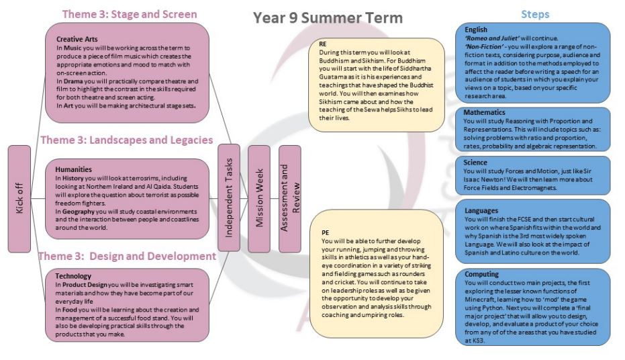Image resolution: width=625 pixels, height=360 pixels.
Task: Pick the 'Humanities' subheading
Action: pos(73,170)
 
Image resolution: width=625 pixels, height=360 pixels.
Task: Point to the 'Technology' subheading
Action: pos(74,276)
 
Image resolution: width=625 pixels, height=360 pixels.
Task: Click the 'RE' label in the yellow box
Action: pos(324,44)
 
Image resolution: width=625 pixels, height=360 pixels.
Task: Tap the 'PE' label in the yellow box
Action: pos(324,232)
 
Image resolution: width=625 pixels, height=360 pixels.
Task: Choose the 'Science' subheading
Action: pos(477,163)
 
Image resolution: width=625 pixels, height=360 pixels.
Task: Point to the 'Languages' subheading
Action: pos(483,210)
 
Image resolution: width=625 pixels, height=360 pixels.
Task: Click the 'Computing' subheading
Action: pos(483,274)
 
